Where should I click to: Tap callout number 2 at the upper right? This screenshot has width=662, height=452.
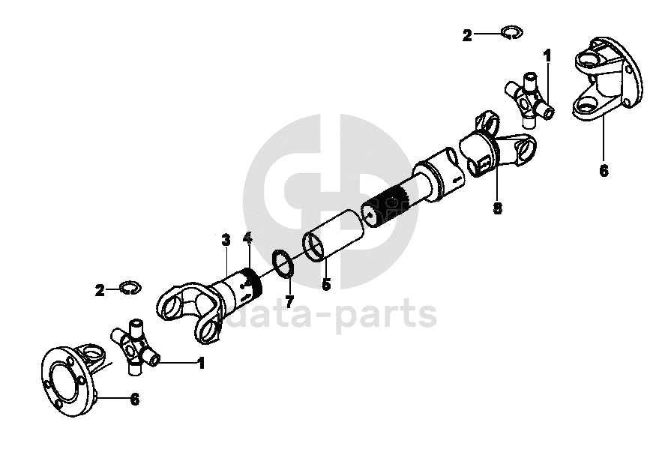coord(467,35)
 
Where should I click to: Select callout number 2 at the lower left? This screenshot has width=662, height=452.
coord(100,290)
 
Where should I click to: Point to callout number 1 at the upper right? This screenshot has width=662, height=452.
coord(547,55)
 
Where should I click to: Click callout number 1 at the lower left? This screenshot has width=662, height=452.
coord(200,364)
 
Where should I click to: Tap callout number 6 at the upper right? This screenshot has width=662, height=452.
coord(604,170)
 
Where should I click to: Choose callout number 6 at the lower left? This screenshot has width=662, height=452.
coord(134,400)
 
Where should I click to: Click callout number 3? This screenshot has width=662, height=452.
coord(225,240)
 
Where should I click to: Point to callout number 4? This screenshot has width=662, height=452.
coord(247,238)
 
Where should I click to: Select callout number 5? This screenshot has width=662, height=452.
coord(326,284)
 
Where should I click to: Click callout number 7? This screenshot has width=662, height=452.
coord(290,301)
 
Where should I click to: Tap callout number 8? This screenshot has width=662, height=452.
coord(497,208)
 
